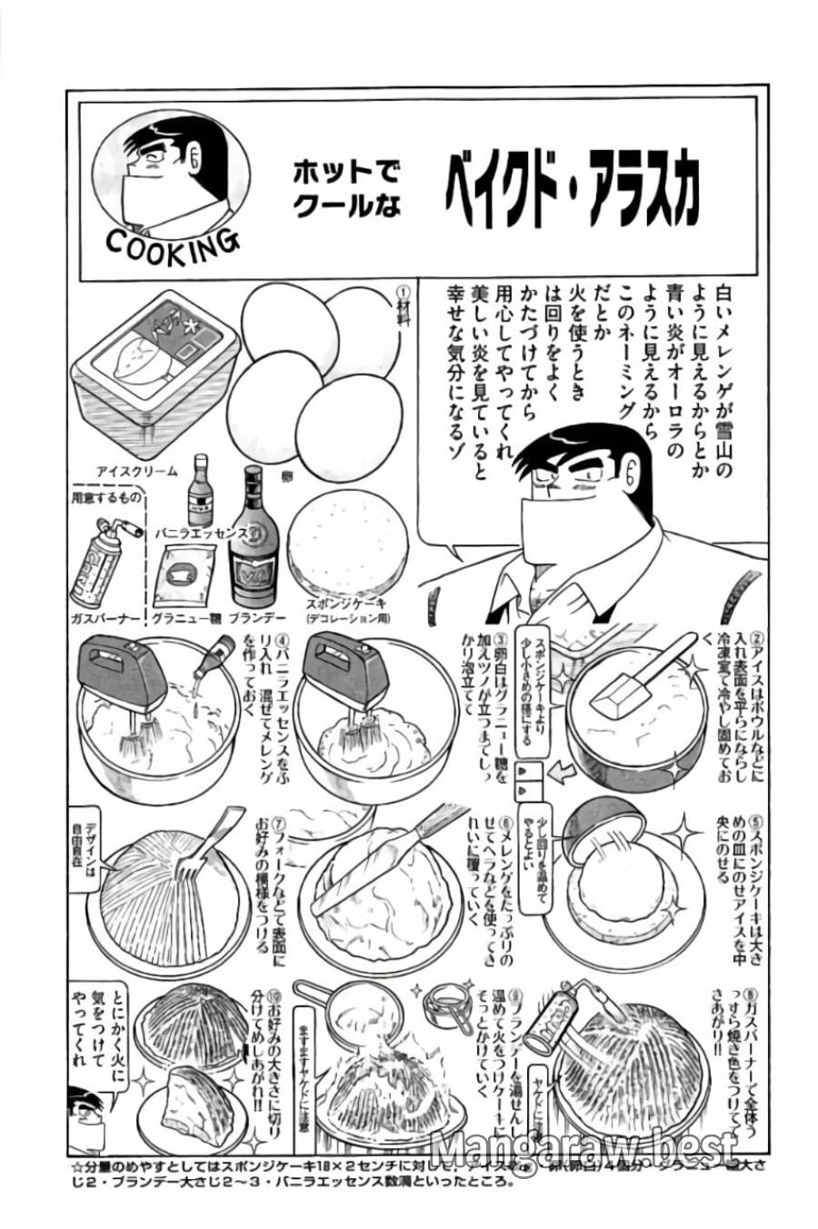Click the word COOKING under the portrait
click(172, 245)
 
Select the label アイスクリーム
click(138, 471)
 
